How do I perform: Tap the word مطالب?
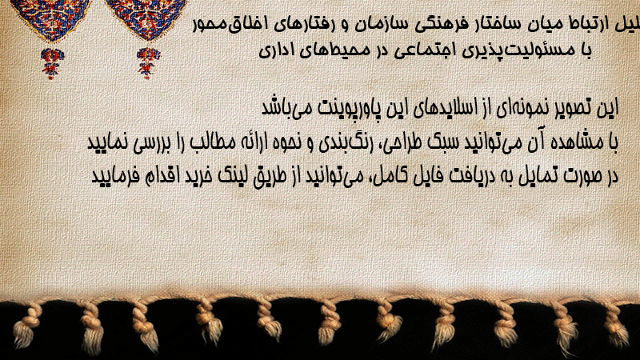(x=211, y=142)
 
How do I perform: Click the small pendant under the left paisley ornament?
(x=52, y=63)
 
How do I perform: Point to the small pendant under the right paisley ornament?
(x=148, y=62)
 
